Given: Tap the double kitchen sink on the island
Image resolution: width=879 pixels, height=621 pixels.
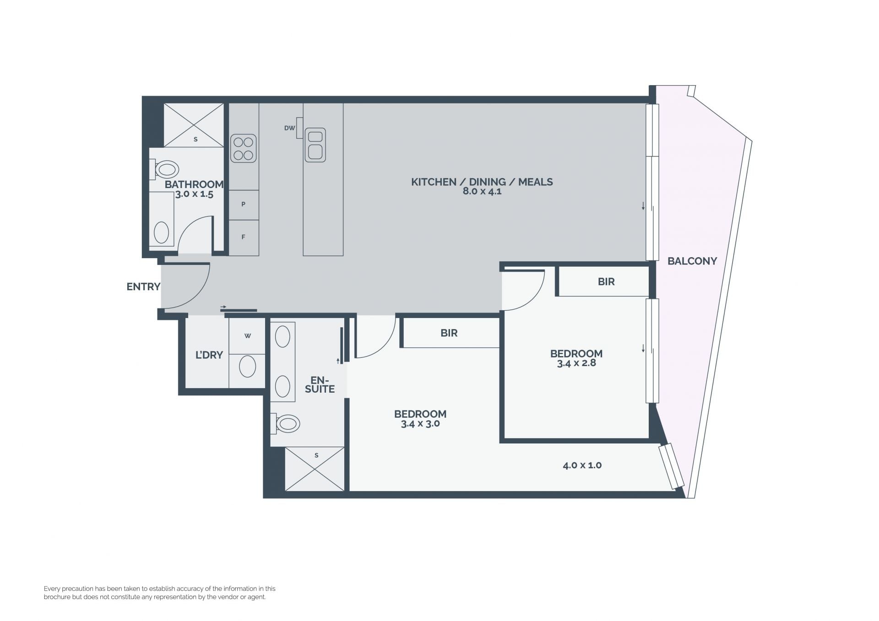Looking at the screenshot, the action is click(315, 145).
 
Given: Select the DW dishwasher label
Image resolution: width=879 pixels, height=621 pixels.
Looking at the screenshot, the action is click(289, 128).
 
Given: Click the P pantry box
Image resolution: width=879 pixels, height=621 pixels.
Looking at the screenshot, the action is click(244, 205).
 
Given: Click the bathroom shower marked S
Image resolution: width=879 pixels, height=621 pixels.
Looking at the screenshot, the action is click(194, 125).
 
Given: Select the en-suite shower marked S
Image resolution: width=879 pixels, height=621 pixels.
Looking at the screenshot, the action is click(315, 469).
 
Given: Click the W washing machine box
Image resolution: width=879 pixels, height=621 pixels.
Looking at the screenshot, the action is click(247, 336).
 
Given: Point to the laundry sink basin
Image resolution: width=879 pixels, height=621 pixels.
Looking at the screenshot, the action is click(248, 366).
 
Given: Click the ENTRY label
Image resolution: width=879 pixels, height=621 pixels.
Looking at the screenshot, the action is click(143, 286).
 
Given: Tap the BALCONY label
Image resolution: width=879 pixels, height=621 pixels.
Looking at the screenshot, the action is click(692, 261).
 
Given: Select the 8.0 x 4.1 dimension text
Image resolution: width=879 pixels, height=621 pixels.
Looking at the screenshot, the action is click(482, 191).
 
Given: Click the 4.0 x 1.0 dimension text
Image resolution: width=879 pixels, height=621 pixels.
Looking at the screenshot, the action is click(582, 465).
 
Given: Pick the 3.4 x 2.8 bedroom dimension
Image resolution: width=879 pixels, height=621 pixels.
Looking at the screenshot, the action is click(576, 363).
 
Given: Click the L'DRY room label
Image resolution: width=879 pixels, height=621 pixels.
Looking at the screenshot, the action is click(209, 355).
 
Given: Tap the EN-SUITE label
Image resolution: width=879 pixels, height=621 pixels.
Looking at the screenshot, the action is click(320, 384).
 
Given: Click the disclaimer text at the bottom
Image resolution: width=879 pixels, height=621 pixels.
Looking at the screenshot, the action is click(160, 593).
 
